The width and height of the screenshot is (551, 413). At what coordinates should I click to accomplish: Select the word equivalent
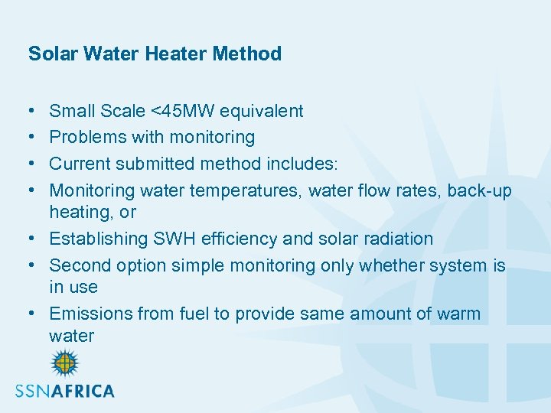[262, 112]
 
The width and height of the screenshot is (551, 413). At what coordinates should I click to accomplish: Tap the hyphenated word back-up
[480, 190]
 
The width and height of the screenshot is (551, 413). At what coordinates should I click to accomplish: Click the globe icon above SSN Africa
[64, 363]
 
